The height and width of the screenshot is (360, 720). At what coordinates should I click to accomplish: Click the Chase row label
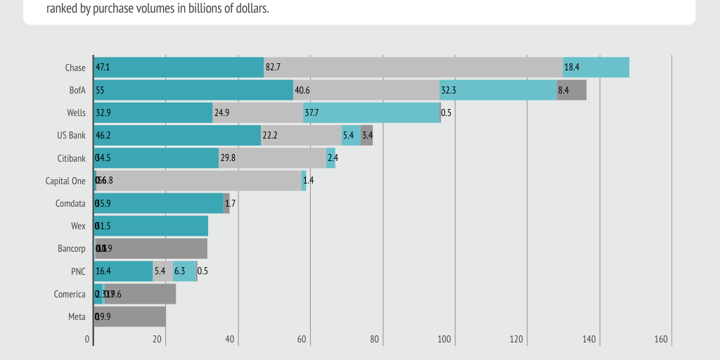pyautogui.click(x=75, y=67)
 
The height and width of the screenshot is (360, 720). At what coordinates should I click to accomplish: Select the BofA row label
pyautogui.click(x=77, y=90)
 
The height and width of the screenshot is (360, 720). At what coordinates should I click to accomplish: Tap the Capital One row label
pyautogui.click(x=65, y=181)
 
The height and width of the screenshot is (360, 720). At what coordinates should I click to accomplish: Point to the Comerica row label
pyautogui.click(x=70, y=294)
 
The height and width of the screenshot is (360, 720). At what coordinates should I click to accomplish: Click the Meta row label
pyautogui.click(x=77, y=316)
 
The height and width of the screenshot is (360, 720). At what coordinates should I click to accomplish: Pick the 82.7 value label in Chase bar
pyautogui.click(x=273, y=67)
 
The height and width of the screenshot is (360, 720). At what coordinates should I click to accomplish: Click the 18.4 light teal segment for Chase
pyautogui.click(x=596, y=67)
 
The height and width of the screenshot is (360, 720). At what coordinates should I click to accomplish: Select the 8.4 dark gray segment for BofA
pyautogui.click(x=571, y=90)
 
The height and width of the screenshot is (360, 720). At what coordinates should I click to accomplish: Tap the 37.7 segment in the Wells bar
pyautogui.click(x=371, y=112)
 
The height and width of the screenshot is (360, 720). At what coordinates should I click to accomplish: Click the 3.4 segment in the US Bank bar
pyautogui.click(x=366, y=135)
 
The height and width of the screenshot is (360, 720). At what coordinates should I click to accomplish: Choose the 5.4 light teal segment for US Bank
pyautogui.click(x=351, y=135)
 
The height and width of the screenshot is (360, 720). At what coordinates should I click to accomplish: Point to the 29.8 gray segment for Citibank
pyautogui.click(x=272, y=158)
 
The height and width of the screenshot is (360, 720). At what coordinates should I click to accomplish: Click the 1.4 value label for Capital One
pyautogui.click(x=308, y=181)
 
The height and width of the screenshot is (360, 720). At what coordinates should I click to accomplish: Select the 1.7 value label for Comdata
pyautogui.click(x=230, y=203)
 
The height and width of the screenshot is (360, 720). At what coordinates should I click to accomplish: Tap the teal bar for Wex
pyautogui.click(x=151, y=226)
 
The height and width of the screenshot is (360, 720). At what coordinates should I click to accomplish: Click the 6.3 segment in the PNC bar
pyautogui.click(x=184, y=271)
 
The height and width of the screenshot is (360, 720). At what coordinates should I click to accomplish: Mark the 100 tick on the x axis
pyautogui.click(x=444, y=340)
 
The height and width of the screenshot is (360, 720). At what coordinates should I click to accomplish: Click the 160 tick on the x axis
pyautogui.click(x=661, y=340)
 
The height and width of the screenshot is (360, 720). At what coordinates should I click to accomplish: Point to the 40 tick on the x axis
pyautogui.click(x=230, y=340)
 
